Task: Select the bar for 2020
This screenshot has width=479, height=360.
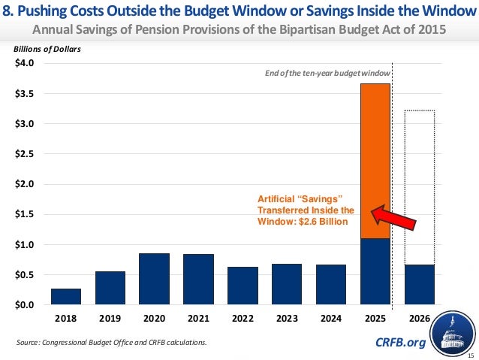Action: tap(154, 279)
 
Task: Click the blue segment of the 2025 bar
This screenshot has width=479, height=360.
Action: tap(375, 271)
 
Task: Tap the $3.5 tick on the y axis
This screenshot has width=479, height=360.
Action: tap(25, 93)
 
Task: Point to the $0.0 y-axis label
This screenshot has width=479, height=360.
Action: tap(25, 305)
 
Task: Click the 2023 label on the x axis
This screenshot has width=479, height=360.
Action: tap(287, 318)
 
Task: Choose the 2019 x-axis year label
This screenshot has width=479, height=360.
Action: tap(110, 318)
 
